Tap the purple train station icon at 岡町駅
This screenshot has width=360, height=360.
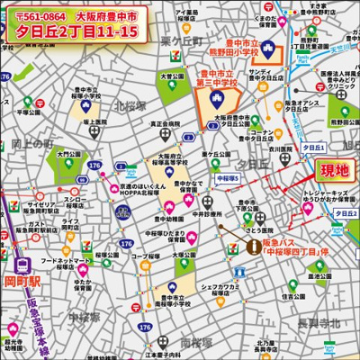(x=20, y=265)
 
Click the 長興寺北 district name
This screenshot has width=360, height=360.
(x=319, y=322)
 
